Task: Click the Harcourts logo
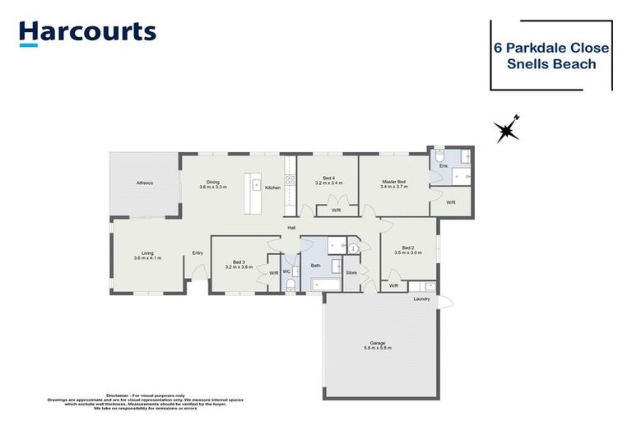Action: [x=86, y=33]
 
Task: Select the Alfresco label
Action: [x=144, y=182]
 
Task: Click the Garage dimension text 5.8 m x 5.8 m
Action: [x=378, y=348]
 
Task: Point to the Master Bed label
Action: [x=393, y=182]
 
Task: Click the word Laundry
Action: [x=421, y=298]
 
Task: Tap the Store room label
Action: [x=351, y=271]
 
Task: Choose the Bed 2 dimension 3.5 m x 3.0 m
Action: [x=408, y=253]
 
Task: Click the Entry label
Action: [x=197, y=252]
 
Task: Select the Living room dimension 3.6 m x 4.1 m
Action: [x=147, y=258]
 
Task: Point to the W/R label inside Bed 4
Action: [x=337, y=210]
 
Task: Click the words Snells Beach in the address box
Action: [x=551, y=64]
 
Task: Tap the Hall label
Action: [x=291, y=227]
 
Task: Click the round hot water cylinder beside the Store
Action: [x=354, y=248]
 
